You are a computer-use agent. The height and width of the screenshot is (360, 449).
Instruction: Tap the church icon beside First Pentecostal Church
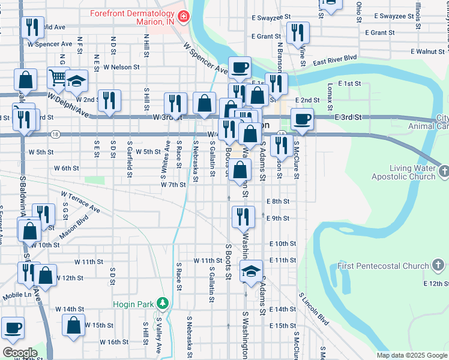[438, 265]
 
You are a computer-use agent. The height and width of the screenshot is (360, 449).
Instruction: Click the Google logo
[19, 352]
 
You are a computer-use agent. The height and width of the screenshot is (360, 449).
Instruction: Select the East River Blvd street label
[335, 61]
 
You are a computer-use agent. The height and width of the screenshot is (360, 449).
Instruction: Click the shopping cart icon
[58, 77]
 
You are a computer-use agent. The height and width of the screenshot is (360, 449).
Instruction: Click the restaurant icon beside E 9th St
[241, 216]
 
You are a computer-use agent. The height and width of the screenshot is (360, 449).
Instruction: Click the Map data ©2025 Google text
[412, 355]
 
